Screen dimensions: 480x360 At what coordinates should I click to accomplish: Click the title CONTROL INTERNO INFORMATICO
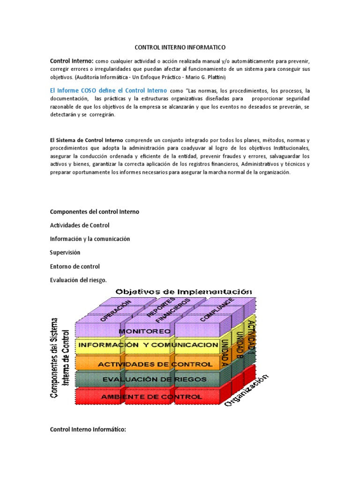click(x=180, y=47)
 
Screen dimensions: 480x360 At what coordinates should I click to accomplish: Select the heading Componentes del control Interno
click(x=94, y=212)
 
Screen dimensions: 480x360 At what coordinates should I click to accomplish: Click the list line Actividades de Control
click(x=79, y=225)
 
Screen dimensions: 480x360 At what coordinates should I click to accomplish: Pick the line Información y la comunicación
click(x=90, y=239)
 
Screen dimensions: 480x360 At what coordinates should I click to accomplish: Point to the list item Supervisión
click(x=65, y=253)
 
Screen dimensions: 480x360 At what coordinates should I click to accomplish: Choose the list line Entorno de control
click(x=75, y=266)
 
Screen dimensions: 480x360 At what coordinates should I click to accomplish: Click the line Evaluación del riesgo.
click(x=78, y=280)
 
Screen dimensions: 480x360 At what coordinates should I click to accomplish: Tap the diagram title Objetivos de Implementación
click(x=184, y=291)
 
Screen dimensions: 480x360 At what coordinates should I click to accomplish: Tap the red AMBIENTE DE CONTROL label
click(x=151, y=397)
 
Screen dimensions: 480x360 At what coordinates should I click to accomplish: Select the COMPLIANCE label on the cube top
click(x=217, y=309)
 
